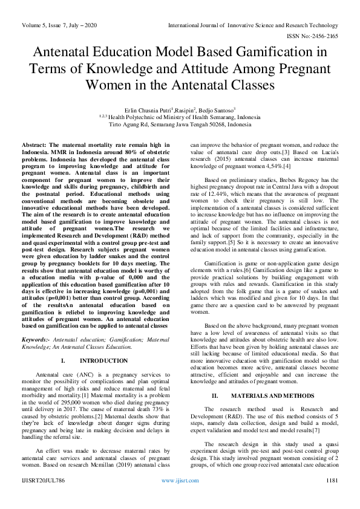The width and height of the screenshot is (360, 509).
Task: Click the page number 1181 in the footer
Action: click(330, 498)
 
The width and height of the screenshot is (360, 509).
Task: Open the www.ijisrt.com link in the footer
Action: click(180, 498)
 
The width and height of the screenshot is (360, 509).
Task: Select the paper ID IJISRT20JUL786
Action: click(44, 498)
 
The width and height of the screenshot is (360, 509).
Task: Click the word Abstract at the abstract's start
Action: click(36, 146)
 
